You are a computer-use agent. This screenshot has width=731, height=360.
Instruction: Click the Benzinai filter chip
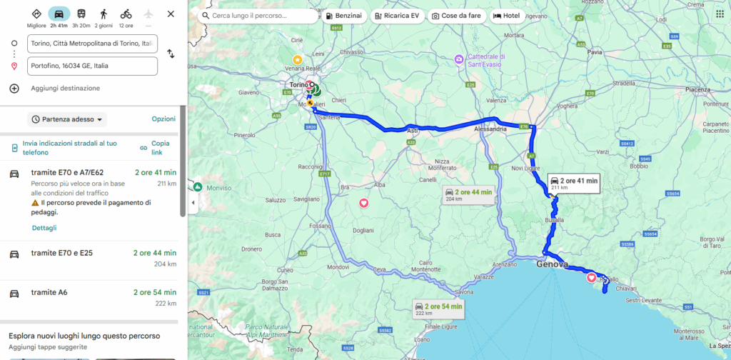click(344, 16)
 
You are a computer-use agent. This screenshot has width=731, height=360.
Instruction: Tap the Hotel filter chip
click(507, 16)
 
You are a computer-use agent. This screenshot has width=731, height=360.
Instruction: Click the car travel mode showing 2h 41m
click(59, 17)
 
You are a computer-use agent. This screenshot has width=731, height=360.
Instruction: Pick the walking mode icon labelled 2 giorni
click(104, 17)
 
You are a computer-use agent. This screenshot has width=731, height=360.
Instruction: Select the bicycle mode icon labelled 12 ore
click(126, 17)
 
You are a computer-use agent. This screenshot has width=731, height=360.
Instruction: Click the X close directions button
click(171, 14)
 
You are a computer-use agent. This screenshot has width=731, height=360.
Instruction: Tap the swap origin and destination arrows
click(171, 54)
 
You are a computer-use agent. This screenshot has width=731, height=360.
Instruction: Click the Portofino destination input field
click(92, 66)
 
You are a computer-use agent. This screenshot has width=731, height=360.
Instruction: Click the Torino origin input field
click(92, 44)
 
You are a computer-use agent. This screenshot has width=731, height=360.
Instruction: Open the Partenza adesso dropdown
click(67, 119)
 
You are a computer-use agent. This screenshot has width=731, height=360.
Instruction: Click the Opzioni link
click(163, 119)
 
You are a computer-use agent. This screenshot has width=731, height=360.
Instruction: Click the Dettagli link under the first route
click(44, 228)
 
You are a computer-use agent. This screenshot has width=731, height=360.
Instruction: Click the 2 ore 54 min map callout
click(439, 309)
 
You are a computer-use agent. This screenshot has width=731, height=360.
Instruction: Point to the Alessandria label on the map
click(490, 129)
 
